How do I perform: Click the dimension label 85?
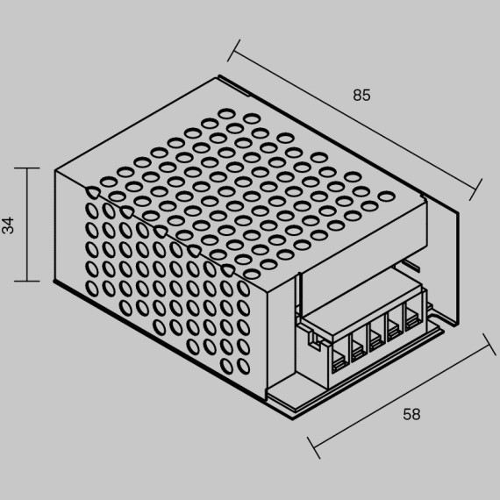point(361,96)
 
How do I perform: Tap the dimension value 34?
point(8,225)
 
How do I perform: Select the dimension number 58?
point(411,414)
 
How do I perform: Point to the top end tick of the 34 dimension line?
point(27,168)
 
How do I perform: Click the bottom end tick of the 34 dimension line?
point(27,282)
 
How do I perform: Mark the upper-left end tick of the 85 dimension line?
point(233,50)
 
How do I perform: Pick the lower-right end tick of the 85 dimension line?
point(475,189)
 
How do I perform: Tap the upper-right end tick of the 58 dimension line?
point(489,345)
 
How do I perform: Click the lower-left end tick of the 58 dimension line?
point(314,447)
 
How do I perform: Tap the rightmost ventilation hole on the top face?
point(387,196)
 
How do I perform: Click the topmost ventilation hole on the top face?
point(226,113)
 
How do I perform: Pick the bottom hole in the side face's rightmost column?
point(244,366)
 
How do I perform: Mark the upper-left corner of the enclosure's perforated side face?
point(55,170)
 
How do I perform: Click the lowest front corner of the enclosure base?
point(293,419)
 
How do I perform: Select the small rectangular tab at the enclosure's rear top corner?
point(233,85)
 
